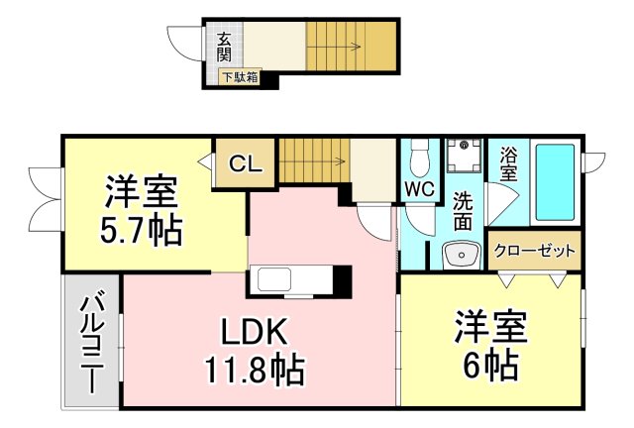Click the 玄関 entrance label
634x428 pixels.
pos(225,47)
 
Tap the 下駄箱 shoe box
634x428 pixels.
pos(241,77)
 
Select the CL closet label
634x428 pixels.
pos(246,164)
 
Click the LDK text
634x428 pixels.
pos(254,331)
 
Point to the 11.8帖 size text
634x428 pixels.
pos(255,369)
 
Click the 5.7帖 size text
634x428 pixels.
pos(141,231)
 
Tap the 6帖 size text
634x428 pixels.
pos(490,365)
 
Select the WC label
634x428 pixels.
pos(420,189)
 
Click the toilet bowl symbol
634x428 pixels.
pos(420,158)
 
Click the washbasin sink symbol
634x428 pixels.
pos(462,256)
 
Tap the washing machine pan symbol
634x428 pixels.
pos(465,156)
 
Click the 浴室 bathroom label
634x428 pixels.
pos(508,163)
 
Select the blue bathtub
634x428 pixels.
pos(555,182)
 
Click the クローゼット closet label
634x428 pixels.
pos(535,252)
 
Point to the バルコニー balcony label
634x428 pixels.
pos(92,342)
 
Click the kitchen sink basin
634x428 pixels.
pos(274,279)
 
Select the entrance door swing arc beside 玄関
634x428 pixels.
pos(184,44)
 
